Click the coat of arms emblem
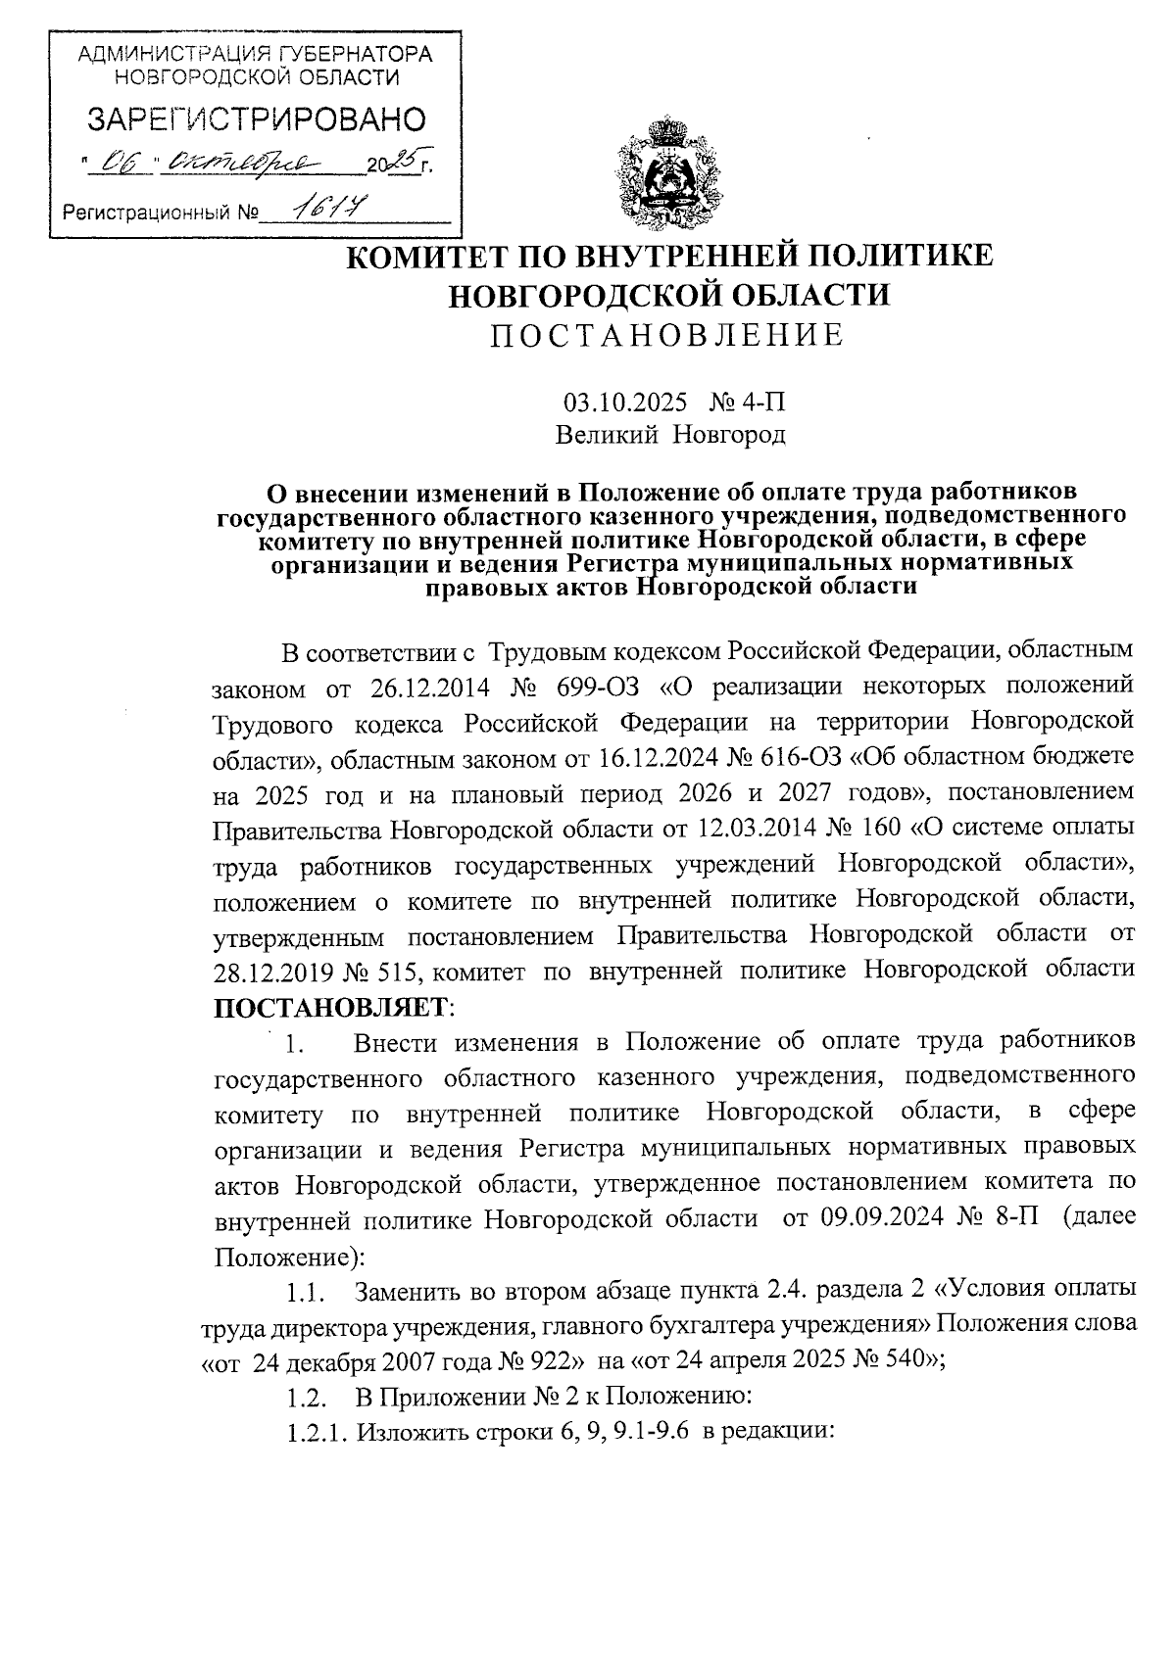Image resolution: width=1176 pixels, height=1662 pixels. point(667,173)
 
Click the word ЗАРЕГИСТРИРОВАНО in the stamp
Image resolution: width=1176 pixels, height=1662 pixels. point(258,119)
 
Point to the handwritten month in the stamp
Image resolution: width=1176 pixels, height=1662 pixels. point(236,163)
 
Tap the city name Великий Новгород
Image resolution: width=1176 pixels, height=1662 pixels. point(670,433)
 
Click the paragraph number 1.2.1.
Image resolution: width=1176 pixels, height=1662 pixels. point(318,1433)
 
